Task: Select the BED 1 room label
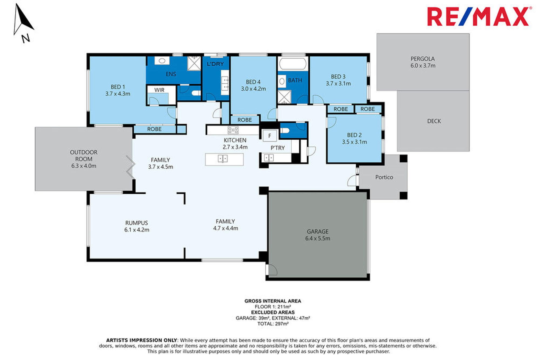click(x=118, y=87)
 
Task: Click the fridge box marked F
click(x=269, y=136)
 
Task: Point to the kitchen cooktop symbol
click(x=233, y=130)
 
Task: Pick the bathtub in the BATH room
click(x=293, y=64)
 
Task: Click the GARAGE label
click(x=318, y=231)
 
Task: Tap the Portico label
click(x=384, y=177)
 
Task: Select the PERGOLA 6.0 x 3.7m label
click(x=423, y=62)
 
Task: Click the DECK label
click(x=434, y=121)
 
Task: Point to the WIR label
click(x=159, y=90)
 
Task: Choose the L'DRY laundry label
click(x=215, y=64)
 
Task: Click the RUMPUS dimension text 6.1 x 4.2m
click(x=137, y=230)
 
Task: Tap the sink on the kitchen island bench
click(x=223, y=159)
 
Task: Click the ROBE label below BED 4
click(x=245, y=120)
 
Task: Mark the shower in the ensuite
click(x=194, y=63)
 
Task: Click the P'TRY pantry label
click(x=278, y=148)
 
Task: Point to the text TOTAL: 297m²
click(x=273, y=324)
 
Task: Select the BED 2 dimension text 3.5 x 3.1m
click(x=355, y=142)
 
